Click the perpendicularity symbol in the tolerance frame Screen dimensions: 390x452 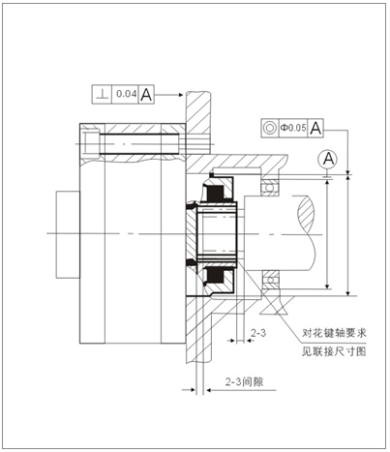pyautogui.click(x=103, y=95)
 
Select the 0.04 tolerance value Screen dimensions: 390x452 pyautogui.click(x=127, y=94)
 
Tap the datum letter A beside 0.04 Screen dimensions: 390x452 pyautogui.click(x=146, y=95)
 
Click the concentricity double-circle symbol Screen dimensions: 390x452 pyautogui.click(x=269, y=128)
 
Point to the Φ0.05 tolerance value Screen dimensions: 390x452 pyautogui.click(x=293, y=128)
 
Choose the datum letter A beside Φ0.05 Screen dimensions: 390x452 pyautogui.click(x=315, y=128)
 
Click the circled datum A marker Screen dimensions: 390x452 pyautogui.click(x=328, y=159)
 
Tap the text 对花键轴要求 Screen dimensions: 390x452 pyautogui.click(x=334, y=332)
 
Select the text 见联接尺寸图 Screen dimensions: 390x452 pyautogui.click(x=334, y=351)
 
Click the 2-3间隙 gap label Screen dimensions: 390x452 pyautogui.click(x=244, y=381)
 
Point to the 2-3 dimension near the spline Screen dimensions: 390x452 pyautogui.click(x=258, y=333)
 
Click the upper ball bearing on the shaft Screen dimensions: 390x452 pyautogui.click(x=270, y=186)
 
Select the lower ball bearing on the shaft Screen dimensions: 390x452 pyautogui.click(x=270, y=279)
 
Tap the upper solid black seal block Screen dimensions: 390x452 pyautogui.click(x=215, y=194)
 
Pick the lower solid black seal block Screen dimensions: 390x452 pyautogui.click(x=215, y=276)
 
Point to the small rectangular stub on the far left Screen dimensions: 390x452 pyautogui.click(x=68, y=234)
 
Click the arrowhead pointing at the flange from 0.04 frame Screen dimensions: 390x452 pyautogui.click(x=180, y=95)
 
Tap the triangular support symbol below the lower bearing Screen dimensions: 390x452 pyautogui.click(x=274, y=305)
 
